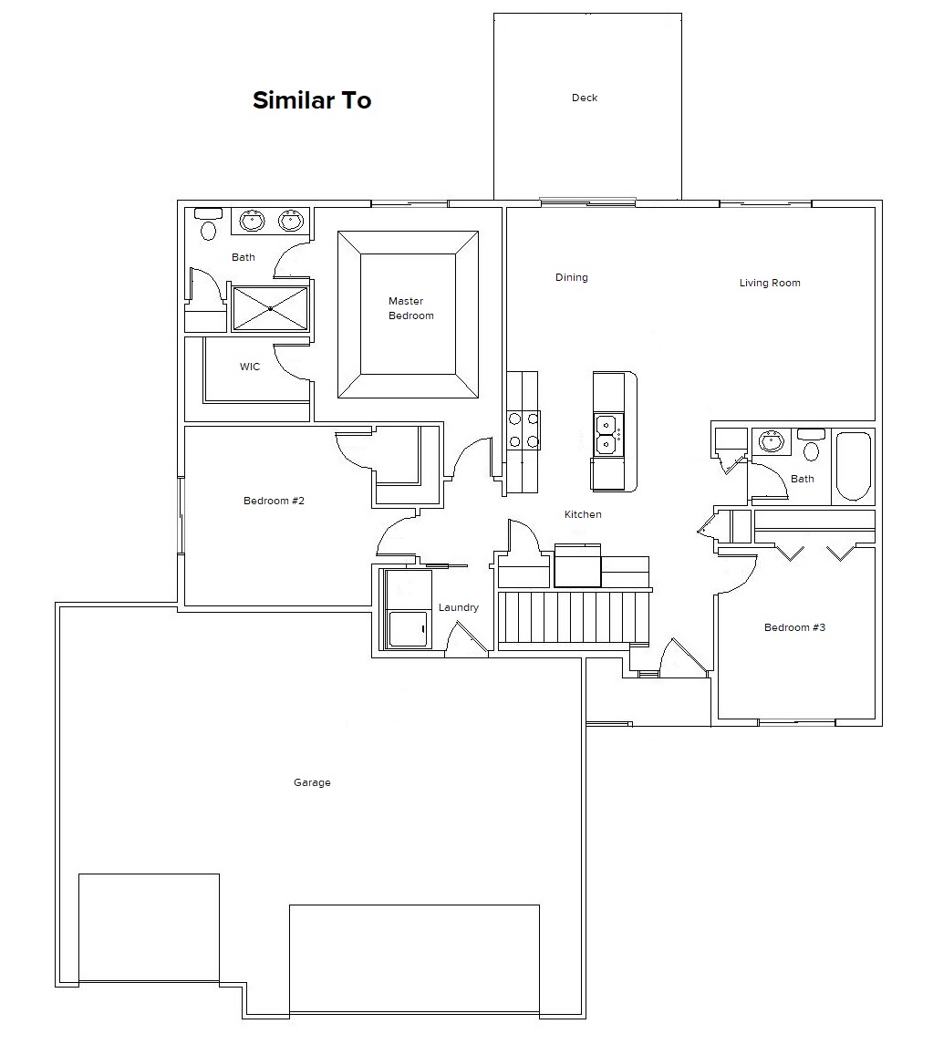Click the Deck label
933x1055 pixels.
tap(585, 98)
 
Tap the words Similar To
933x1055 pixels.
tap(312, 100)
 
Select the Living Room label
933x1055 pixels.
tap(770, 283)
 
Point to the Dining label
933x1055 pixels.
tap(572, 277)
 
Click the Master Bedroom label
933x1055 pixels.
tap(410, 308)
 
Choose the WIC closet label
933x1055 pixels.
tap(250, 367)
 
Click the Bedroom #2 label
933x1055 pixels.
tap(274, 501)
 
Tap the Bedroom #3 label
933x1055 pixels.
tap(794, 627)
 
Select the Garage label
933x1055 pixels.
tap(312, 782)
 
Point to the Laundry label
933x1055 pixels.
tap(459, 607)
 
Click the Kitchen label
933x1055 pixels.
tap(583, 514)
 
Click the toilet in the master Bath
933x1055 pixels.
tap(209, 224)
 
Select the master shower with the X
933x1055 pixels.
tap(270, 308)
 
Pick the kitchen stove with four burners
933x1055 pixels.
tap(524, 430)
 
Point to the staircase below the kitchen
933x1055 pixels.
tap(574, 616)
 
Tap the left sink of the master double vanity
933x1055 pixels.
tap(253, 220)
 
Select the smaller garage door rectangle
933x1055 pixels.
tap(149, 927)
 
